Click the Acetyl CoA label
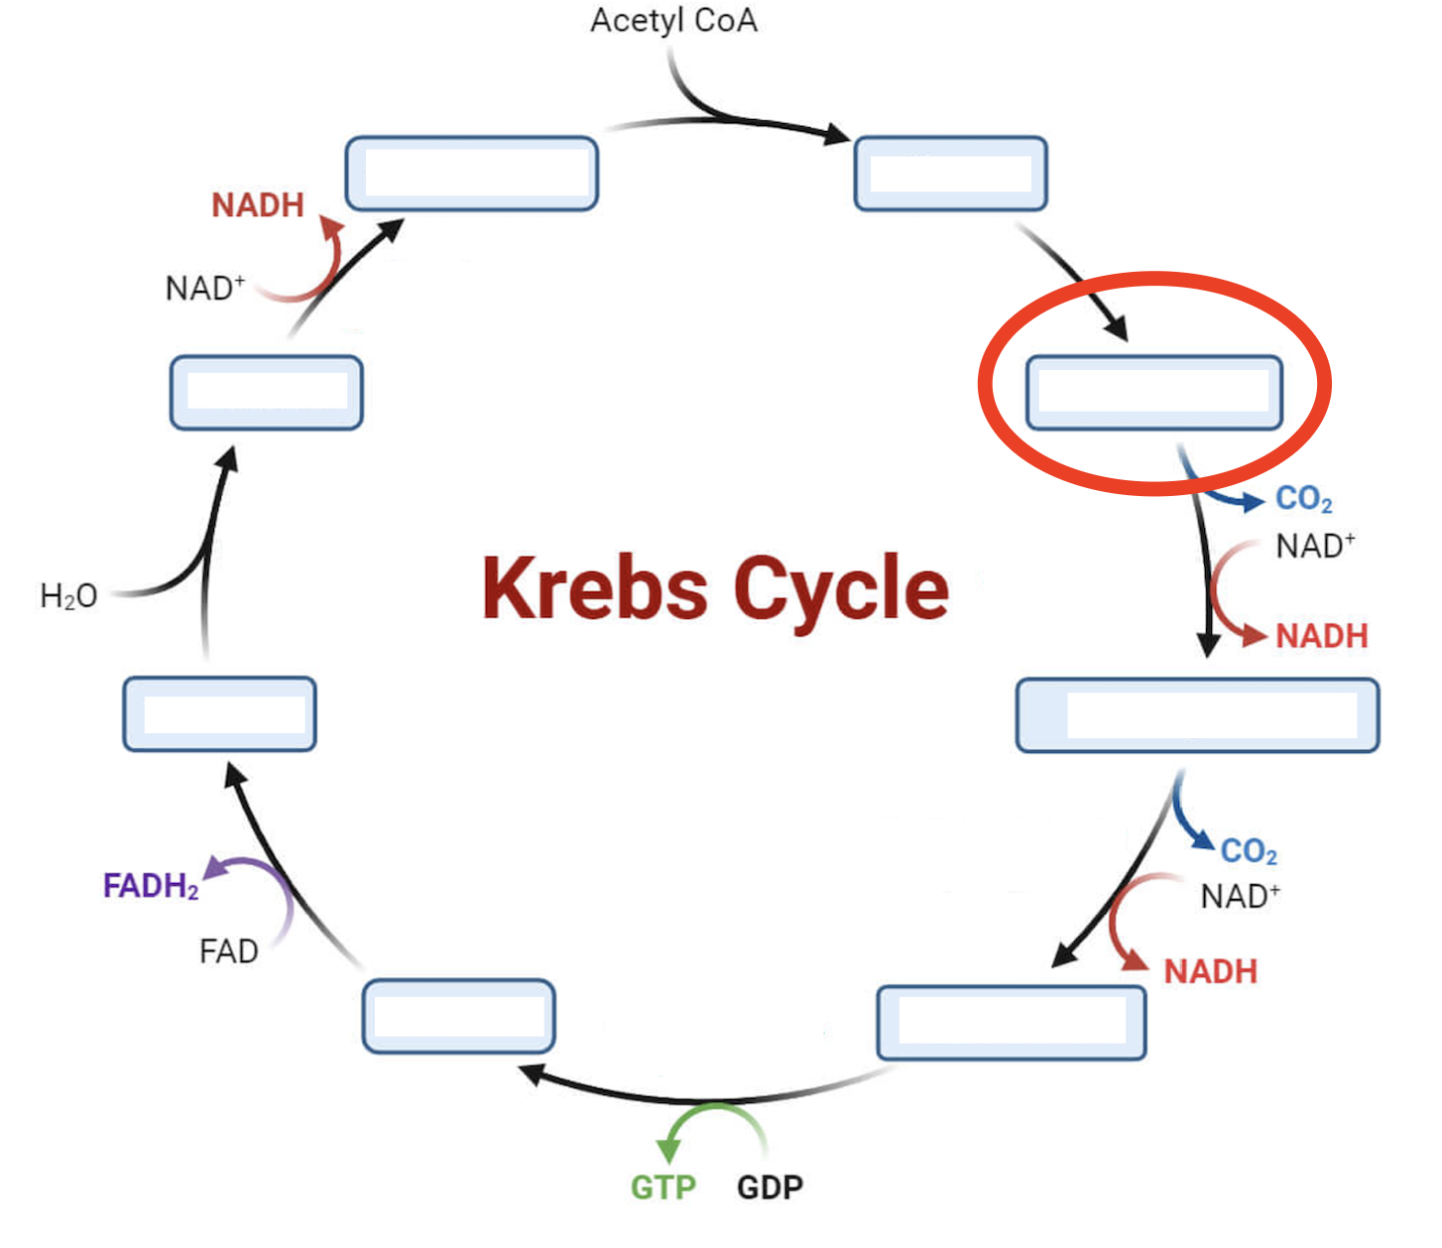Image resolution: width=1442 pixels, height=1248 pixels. tap(673, 21)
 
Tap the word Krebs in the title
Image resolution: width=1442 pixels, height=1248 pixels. tap(594, 588)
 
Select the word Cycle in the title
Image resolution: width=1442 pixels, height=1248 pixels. tap(841, 588)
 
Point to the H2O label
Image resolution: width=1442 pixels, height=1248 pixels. tap(68, 596)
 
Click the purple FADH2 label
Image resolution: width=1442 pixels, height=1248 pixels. tap(151, 886)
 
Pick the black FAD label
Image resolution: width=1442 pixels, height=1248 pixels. tap(228, 951)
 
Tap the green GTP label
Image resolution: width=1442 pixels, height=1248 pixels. tap(663, 1186)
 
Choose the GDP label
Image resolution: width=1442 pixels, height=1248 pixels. tap(770, 1186)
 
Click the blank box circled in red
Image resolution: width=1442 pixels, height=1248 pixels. tap(1153, 393)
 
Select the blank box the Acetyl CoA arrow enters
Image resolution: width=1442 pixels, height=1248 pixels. tap(950, 174)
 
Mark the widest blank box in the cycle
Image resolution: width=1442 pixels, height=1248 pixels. tap(1197, 715)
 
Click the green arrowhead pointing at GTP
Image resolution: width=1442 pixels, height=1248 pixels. tap(669, 1151)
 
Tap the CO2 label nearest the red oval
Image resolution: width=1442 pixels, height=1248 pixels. tap(1303, 499)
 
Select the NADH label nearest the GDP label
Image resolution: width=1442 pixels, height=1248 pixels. tap(1210, 971)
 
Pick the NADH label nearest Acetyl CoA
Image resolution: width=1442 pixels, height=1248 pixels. tap(258, 205)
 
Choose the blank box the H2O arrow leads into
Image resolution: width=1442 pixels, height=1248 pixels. tap(266, 393)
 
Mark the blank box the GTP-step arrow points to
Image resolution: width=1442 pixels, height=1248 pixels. tap(458, 1016)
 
